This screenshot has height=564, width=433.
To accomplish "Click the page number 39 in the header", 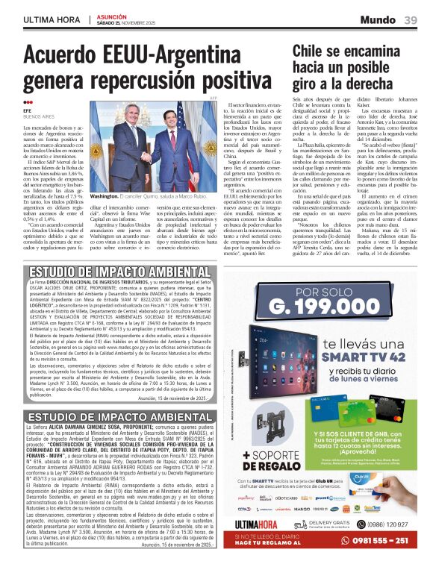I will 411,20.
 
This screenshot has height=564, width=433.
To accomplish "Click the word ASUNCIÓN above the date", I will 111,16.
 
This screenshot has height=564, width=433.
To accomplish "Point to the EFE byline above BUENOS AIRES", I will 28,110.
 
